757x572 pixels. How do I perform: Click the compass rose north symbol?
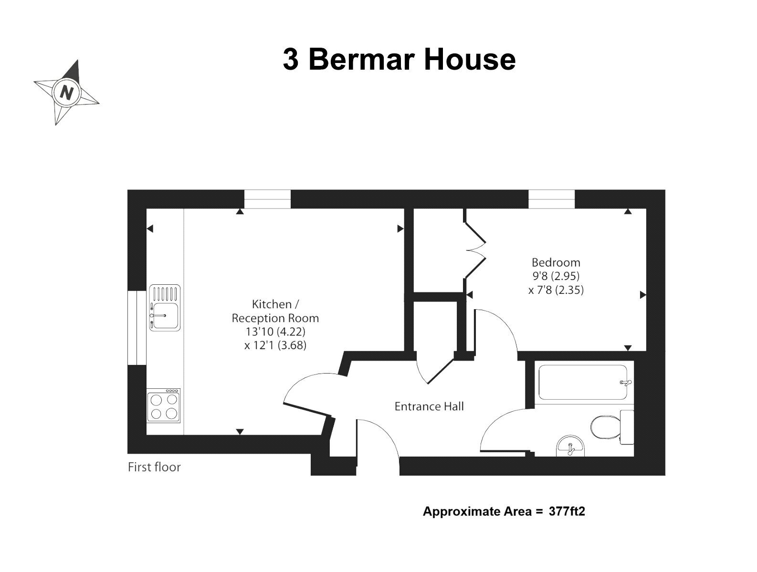point(66,93)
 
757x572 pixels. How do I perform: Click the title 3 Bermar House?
point(399,59)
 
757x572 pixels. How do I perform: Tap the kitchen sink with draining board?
point(165,308)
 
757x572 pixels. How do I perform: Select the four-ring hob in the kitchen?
point(163,406)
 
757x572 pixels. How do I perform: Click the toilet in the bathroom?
point(612,426)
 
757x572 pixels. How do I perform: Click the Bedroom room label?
point(556,262)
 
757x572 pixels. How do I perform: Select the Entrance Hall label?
point(429,406)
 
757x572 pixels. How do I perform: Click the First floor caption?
point(154,467)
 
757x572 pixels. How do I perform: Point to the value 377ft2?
point(567,511)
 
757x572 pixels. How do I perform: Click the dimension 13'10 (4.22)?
point(275,332)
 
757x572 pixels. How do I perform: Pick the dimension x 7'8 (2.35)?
point(556,290)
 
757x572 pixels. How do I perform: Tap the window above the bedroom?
point(551,199)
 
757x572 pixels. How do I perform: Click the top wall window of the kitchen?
point(267,199)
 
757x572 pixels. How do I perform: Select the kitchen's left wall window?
point(137,328)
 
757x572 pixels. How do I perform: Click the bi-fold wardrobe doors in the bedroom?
point(475,250)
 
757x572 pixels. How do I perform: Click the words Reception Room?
point(275,318)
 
